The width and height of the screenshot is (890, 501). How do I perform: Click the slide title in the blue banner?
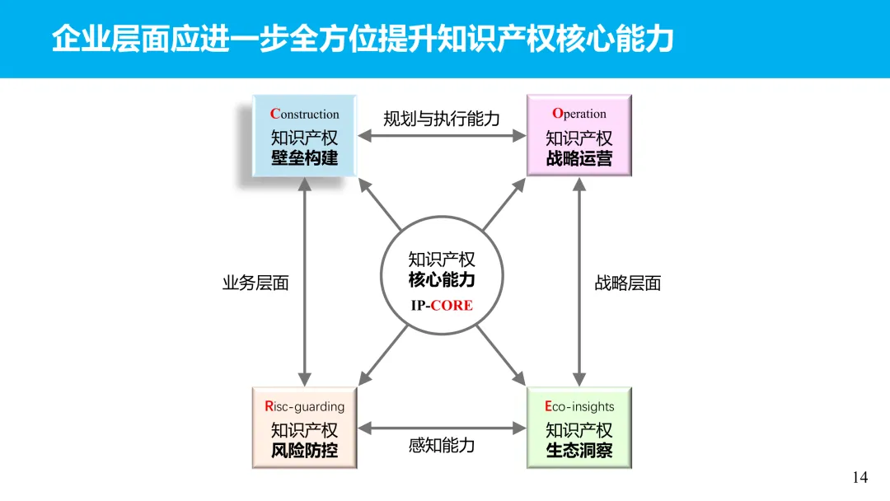point(363,39)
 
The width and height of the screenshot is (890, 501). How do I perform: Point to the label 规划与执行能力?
point(442,119)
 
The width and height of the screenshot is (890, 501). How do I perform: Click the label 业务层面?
point(255,283)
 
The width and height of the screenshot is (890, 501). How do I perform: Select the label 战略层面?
point(628,283)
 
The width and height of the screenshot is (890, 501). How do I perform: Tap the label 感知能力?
point(442,446)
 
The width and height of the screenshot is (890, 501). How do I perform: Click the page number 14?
point(860,477)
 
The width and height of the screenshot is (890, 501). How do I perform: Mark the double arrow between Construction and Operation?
point(442,137)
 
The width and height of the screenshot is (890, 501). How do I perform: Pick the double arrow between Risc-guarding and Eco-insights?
point(442,428)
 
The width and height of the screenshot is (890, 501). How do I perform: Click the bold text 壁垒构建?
point(304,158)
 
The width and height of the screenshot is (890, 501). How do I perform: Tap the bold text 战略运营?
point(578,158)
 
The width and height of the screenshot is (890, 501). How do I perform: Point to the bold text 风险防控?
point(304,451)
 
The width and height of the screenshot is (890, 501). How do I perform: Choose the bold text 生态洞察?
point(578,451)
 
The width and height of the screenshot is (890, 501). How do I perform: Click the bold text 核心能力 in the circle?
point(442,280)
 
